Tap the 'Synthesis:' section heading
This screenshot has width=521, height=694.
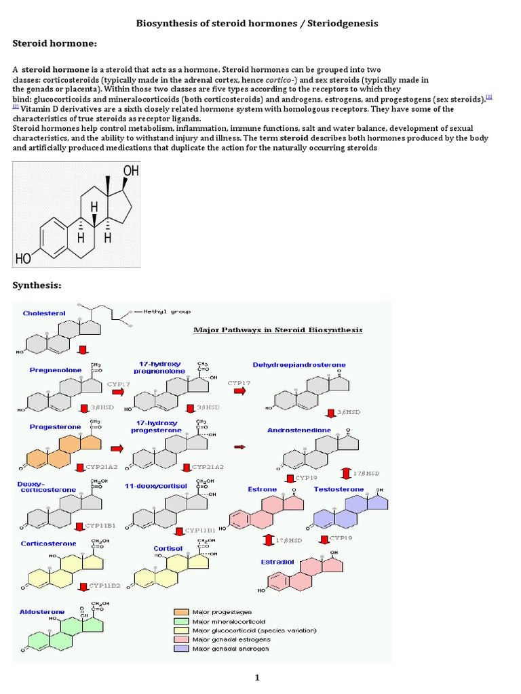click(x=37, y=285)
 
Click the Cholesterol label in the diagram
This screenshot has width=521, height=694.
click(x=44, y=313)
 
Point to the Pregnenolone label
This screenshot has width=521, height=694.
click(x=56, y=371)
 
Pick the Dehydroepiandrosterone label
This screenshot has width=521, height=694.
click(x=298, y=365)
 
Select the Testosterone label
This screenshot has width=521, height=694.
click(x=339, y=489)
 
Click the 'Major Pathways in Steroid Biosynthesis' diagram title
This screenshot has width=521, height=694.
click(x=278, y=330)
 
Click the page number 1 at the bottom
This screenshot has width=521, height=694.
click(x=257, y=677)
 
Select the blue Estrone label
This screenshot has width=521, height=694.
click(x=263, y=489)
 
